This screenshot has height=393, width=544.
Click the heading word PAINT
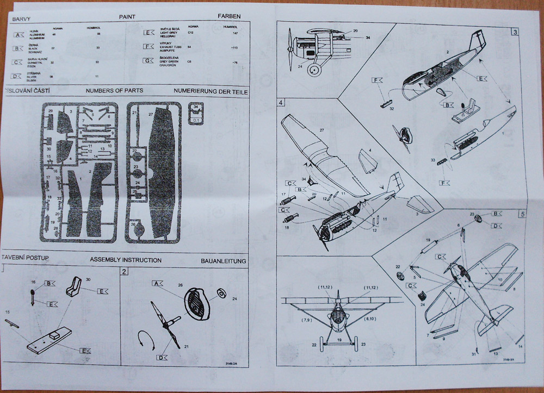tap(127, 17)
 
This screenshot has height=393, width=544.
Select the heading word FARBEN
tap(228, 17)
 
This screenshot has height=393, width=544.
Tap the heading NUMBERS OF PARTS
tap(114, 90)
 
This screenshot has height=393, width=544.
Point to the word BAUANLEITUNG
tap(228, 261)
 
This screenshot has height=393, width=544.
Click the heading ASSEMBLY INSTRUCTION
tap(126, 260)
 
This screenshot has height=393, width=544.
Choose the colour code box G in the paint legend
tap(148, 60)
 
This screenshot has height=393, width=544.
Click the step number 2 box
tap(125, 271)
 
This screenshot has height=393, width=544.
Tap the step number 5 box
tap(522, 214)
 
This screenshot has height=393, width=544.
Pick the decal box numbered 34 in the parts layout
tap(196, 110)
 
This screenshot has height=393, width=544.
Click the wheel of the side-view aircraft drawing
tap(314, 70)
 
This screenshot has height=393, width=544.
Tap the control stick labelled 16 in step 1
tap(33, 296)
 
